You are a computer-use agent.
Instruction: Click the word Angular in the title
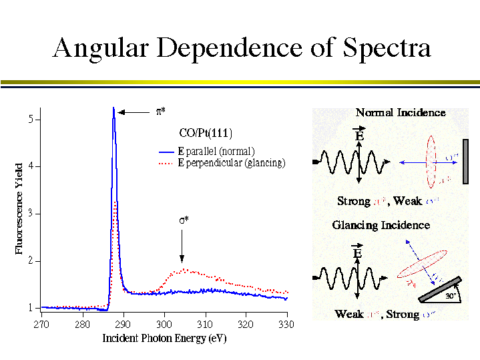coord(101,47)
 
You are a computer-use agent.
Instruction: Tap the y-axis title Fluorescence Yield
coord(19,208)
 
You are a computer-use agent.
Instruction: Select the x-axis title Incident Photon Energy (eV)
coord(164,338)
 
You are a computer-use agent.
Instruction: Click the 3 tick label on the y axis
coord(30,214)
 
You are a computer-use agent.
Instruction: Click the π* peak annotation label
coord(161,112)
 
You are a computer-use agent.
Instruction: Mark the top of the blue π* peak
coord(113,108)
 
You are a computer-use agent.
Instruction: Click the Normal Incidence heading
coord(400,112)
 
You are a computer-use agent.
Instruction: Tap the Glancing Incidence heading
coord(381,225)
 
